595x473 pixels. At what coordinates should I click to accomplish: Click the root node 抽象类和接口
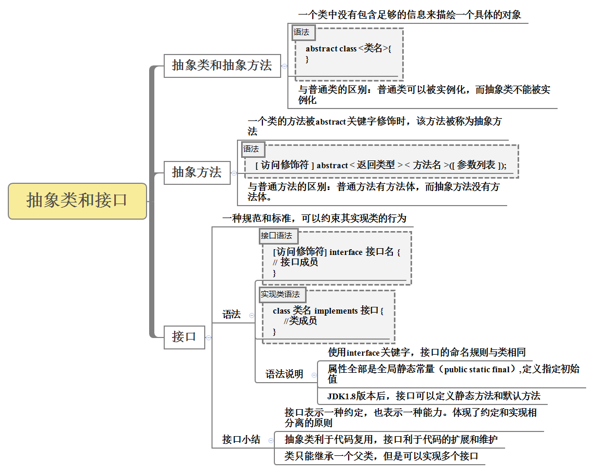click(x=77, y=201)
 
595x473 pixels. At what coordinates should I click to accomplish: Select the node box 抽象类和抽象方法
click(x=222, y=65)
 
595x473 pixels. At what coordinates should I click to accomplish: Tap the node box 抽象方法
click(x=197, y=172)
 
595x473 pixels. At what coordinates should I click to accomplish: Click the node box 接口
click(x=184, y=337)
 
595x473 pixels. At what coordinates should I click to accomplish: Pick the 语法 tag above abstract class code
click(x=301, y=32)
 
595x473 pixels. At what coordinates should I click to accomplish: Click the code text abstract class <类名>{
click(x=348, y=49)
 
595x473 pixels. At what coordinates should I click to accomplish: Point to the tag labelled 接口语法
click(x=276, y=236)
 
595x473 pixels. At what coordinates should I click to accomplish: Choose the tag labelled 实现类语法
click(x=281, y=294)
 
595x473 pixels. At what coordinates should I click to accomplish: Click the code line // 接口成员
click(x=296, y=262)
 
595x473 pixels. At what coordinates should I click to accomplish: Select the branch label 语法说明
click(x=284, y=374)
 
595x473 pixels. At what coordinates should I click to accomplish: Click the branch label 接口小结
click(x=241, y=440)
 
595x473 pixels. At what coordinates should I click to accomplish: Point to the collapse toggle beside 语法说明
click(x=314, y=374)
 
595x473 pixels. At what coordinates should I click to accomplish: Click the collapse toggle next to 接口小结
click(x=271, y=440)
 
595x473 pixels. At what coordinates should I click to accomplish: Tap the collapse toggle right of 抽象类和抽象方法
click(x=284, y=66)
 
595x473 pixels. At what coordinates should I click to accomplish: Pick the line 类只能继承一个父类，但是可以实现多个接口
click(x=381, y=456)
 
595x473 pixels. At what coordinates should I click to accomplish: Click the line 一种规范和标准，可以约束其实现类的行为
click(x=314, y=219)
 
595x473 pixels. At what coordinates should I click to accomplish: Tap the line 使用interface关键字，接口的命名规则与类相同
click(x=427, y=353)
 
